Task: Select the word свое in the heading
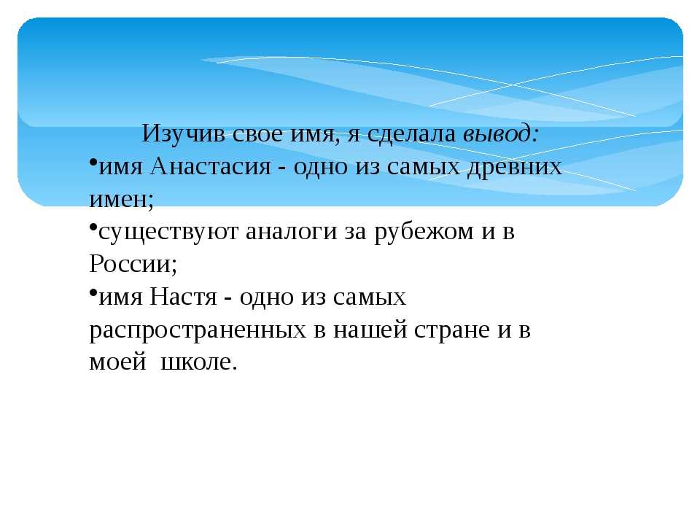257,134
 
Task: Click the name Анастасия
211,166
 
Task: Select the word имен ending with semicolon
122,199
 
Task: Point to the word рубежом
424,232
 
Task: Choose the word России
133,263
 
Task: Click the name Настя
183,297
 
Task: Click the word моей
118,361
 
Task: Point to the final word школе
198,361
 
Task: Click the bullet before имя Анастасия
93,162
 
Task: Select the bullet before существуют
93,227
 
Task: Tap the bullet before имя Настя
93,292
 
